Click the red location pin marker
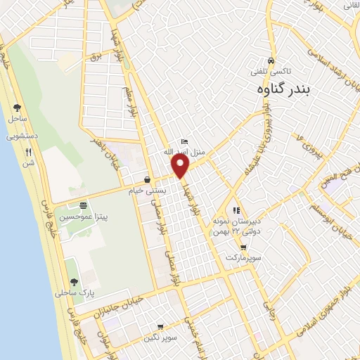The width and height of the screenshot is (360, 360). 181,166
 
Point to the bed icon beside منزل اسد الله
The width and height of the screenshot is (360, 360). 184,141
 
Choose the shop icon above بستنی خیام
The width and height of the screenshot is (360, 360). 147,179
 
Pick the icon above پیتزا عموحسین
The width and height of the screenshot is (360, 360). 84,205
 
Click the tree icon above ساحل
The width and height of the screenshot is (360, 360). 17,108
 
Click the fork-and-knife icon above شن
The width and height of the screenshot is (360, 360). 28,151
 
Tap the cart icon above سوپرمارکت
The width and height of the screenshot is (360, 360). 243,247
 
